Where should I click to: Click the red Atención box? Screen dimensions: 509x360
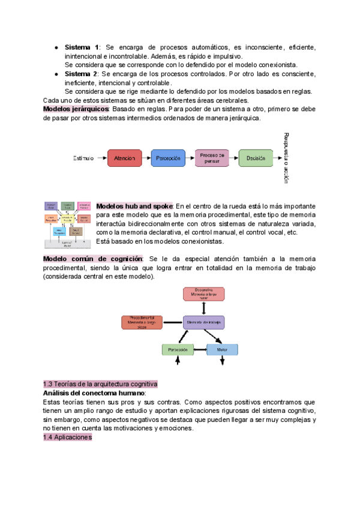point(125,158)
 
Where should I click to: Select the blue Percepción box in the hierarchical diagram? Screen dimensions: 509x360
point(169,158)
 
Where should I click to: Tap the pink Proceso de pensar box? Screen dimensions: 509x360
point(212,158)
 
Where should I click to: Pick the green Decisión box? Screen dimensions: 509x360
point(256,158)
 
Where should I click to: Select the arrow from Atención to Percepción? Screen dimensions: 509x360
point(146,158)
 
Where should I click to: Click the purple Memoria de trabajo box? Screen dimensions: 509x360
point(204,323)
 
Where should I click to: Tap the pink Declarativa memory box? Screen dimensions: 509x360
point(204,294)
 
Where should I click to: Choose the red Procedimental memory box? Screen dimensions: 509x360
point(142,323)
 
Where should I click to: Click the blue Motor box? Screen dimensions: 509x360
point(222,349)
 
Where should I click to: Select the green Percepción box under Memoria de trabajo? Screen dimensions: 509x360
point(178,349)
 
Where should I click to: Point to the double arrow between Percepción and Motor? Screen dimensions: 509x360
point(200,349)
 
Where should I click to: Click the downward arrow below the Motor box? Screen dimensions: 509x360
point(222,361)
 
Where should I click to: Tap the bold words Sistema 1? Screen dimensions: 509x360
point(82,47)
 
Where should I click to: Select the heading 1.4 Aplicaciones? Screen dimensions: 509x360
point(67,438)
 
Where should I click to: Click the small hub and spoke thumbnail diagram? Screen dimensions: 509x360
point(68,224)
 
